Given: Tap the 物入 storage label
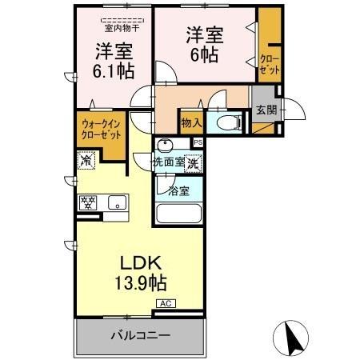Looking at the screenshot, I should point(190,122).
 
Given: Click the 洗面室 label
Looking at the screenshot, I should point(170,162).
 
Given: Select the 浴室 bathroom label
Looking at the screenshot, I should point(178,191).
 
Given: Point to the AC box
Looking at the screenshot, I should point(166,303).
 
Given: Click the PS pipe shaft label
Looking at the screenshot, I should point(198,142).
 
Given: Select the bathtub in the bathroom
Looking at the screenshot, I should point(179,214).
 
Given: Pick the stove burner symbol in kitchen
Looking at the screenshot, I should point(86,202).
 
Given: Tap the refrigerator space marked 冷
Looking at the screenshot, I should point(86,161).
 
